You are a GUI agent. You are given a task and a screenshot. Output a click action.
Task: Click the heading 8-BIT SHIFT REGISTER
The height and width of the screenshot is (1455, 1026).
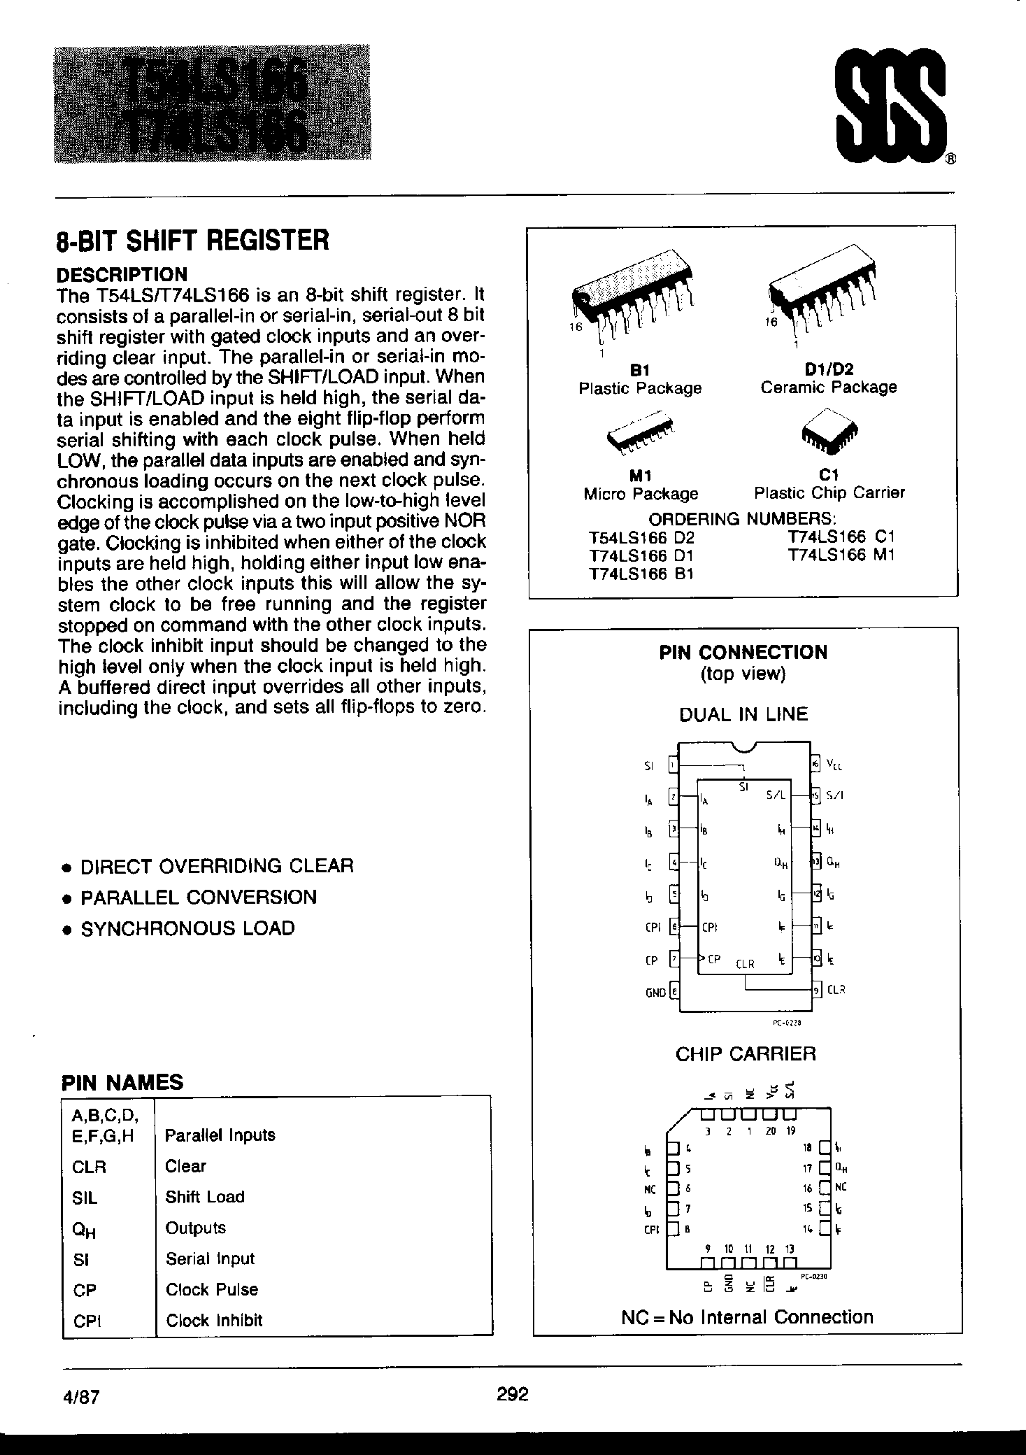click(x=192, y=240)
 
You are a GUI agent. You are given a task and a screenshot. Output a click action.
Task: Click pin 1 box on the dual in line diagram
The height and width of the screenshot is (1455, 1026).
click(x=674, y=765)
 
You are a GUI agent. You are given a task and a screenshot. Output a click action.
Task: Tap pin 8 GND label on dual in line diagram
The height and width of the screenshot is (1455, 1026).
click(x=655, y=992)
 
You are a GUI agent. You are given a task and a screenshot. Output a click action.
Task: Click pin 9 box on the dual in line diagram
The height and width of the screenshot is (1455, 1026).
click(x=816, y=989)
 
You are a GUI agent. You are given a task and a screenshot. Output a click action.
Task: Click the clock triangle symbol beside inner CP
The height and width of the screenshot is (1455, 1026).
click(x=702, y=958)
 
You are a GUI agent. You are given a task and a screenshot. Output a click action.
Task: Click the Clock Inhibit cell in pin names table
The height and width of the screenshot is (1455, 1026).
click(x=214, y=1320)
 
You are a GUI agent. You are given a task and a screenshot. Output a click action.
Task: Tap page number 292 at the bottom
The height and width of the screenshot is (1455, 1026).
click(x=512, y=1393)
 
